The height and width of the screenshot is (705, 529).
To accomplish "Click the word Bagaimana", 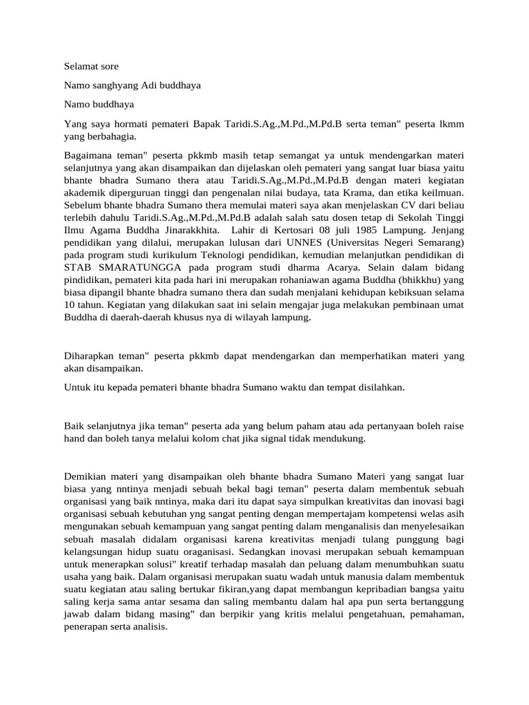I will [x=87, y=156].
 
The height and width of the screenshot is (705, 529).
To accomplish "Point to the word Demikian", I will [x=85, y=476].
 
